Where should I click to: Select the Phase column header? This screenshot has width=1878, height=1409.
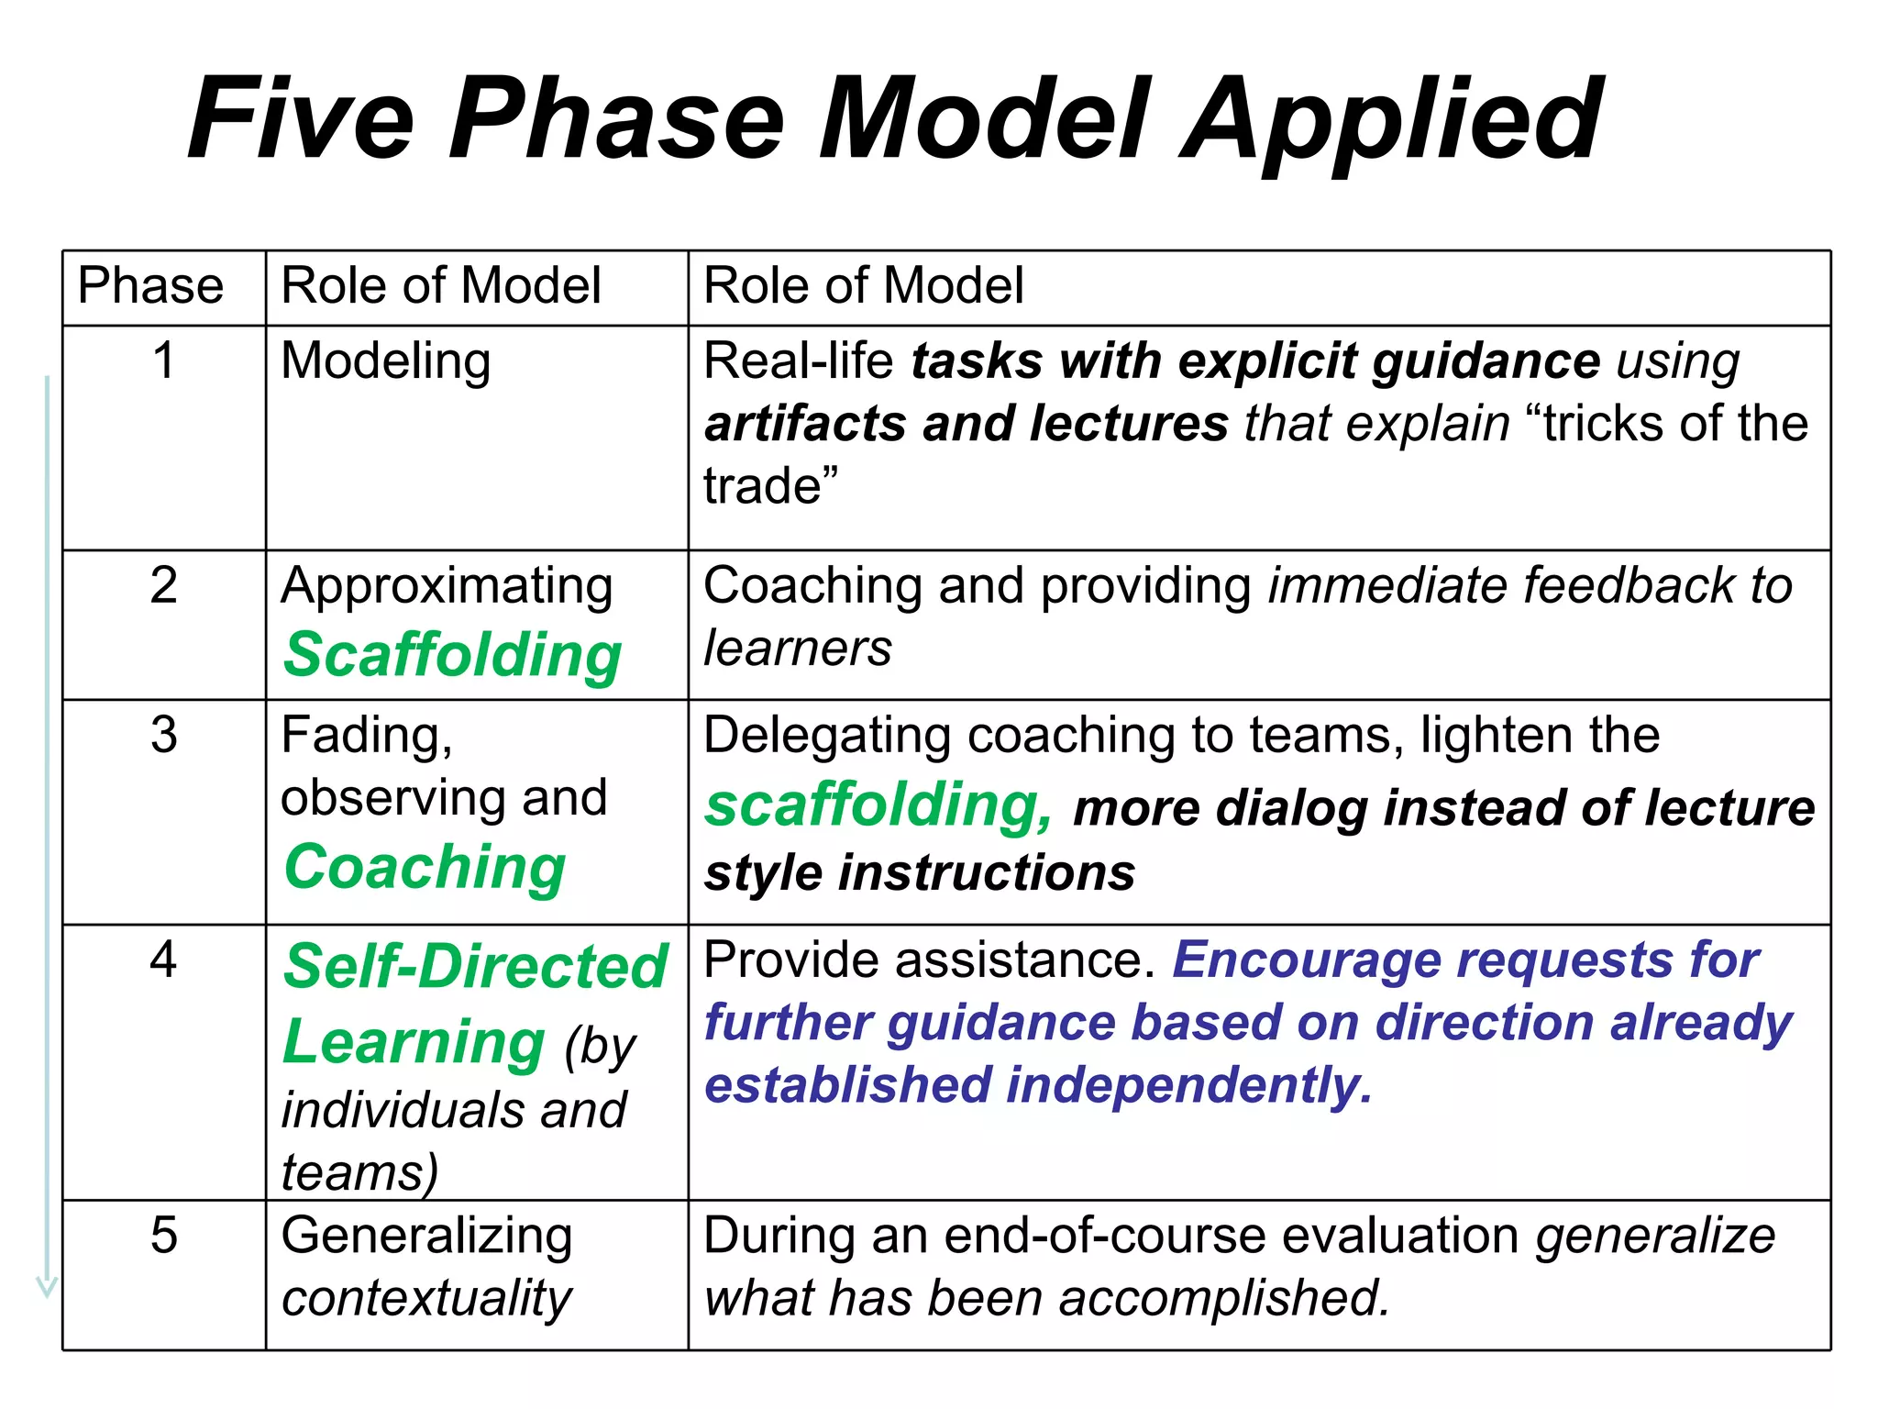click(x=150, y=285)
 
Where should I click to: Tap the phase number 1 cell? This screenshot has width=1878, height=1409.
click(x=163, y=360)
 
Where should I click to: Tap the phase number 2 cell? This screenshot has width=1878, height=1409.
click(x=163, y=585)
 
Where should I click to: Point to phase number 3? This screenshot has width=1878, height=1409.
click(x=163, y=735)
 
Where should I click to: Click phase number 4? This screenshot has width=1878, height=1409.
click(x=163, y=960)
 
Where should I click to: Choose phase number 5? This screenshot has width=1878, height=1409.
click(x=163, y=1235)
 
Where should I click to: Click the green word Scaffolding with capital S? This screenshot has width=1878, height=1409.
click(x=452, y=655)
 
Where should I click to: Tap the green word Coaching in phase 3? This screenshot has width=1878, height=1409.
click(x=425, y=868)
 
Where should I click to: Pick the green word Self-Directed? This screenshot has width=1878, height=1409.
click(x=475, y=967)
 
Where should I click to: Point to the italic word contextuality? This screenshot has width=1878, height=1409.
click(x=426, y=1298)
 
